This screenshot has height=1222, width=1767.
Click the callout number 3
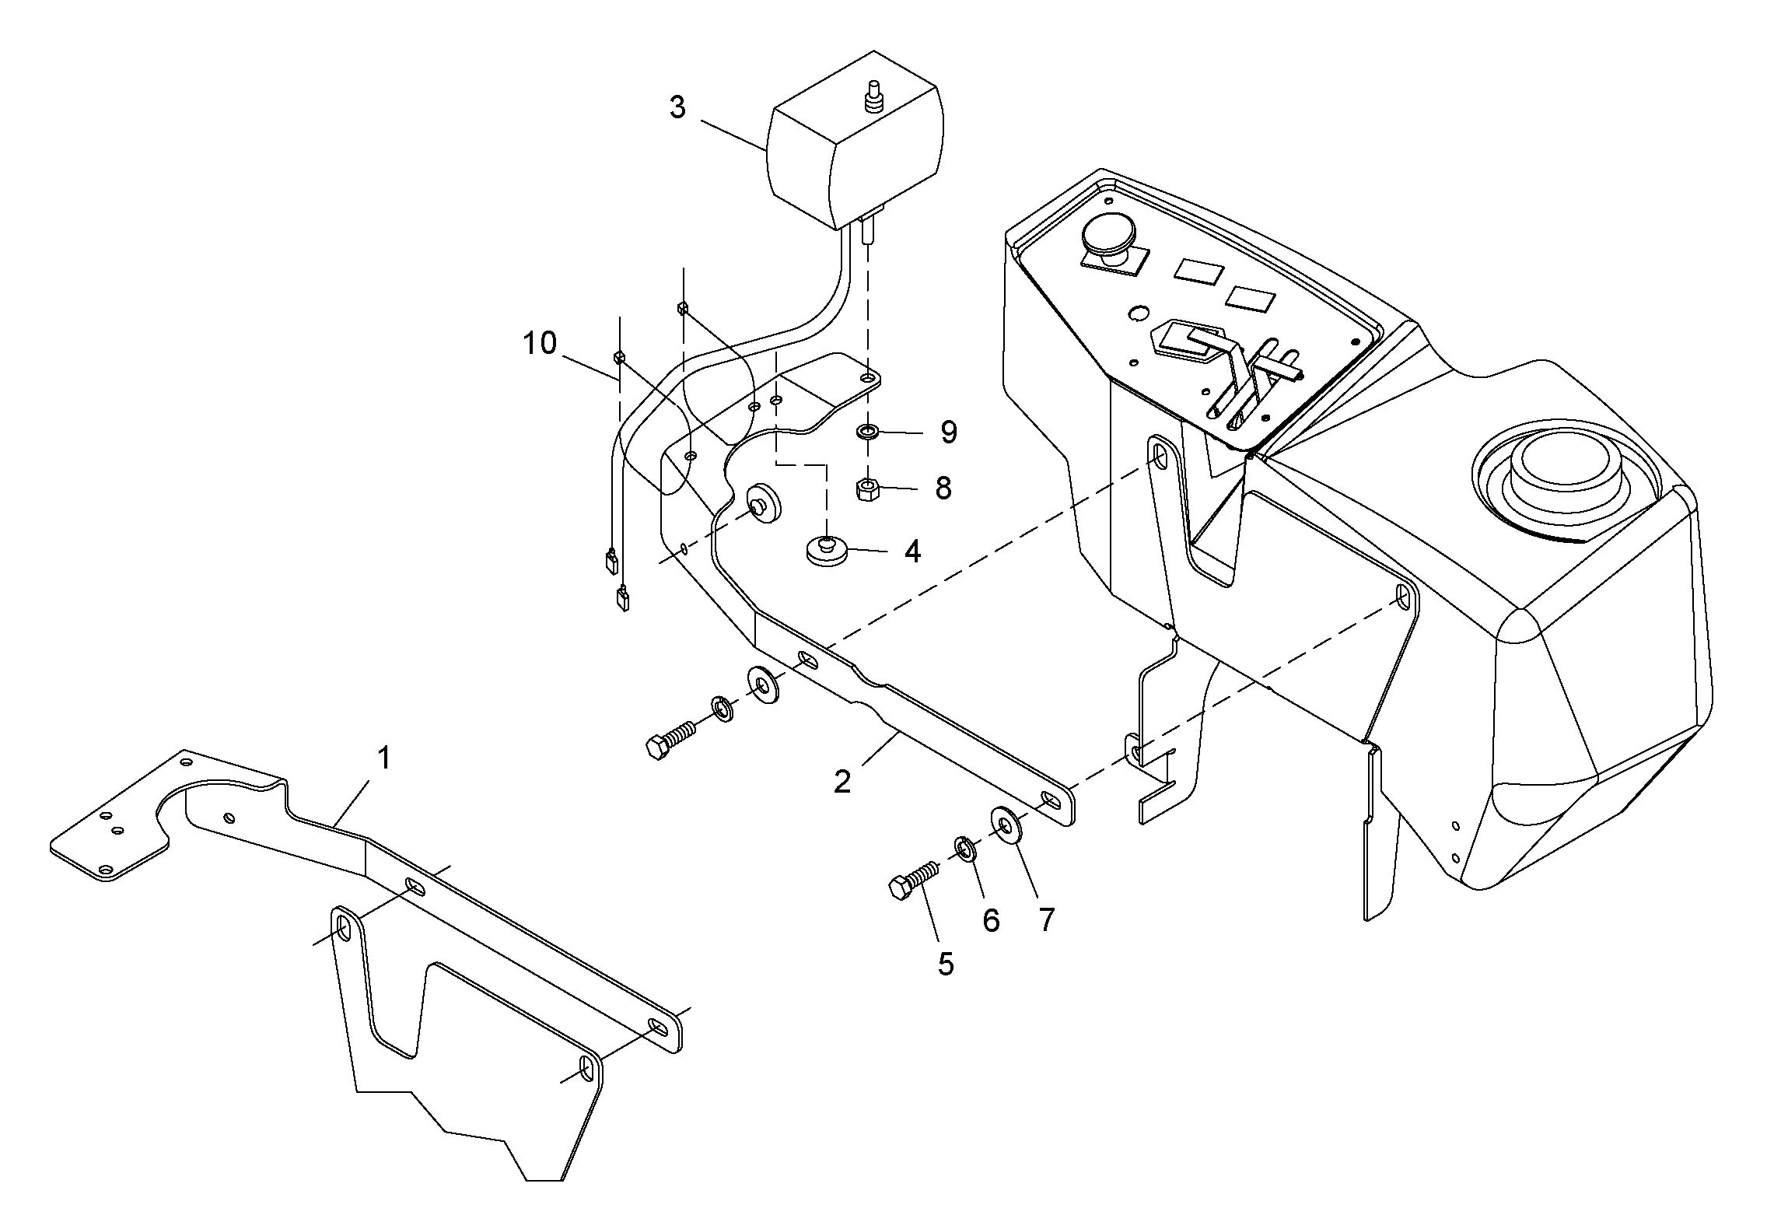click(677, 107)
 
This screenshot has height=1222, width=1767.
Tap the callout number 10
click(540, 343)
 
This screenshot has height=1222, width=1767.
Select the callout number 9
click(948, 432)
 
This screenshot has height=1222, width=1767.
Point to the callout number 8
click(943, 488)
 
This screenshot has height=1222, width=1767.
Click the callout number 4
click(912, 551)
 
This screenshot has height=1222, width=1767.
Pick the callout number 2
click(842, 781)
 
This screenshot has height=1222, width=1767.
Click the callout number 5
click(946, 964)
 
